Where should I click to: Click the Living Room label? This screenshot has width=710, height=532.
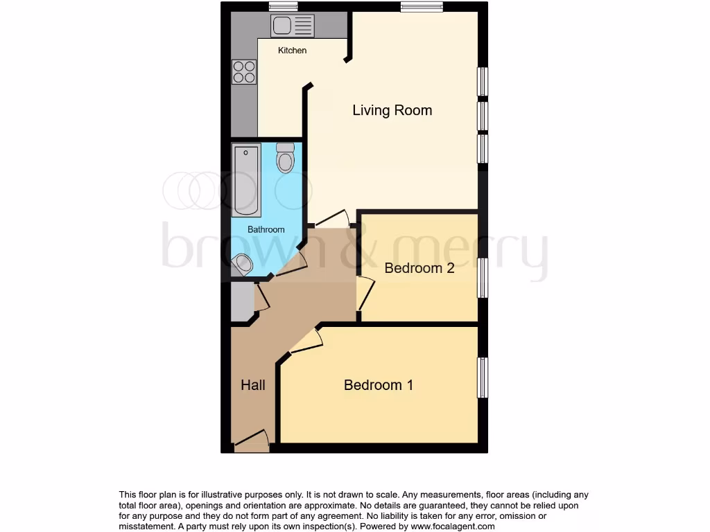click(392, 110)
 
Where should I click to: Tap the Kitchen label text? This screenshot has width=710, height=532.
click(292, 51)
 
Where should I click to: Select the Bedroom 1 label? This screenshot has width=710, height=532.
click(379, 385)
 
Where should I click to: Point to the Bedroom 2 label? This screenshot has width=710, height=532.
click(419, 268)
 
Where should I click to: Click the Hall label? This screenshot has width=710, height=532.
click(252, 385)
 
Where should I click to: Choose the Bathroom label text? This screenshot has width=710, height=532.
click(266, 229)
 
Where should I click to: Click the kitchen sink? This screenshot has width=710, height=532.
click(293, 26)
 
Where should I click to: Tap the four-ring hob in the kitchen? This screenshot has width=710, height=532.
click(244, 71)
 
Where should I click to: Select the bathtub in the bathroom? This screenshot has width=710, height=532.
click(246, 179)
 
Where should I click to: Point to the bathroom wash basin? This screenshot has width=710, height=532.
click(243, 263)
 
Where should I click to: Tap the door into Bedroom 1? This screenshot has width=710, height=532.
click(307, 342)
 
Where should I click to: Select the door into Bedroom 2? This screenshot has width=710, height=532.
click(365, 294)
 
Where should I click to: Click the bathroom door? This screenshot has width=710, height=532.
click(292, 265)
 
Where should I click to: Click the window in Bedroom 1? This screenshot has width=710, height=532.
click(483, 378)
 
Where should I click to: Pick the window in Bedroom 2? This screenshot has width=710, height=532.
click(483, 277)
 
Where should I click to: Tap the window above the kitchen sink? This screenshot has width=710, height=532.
click(283, 7)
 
